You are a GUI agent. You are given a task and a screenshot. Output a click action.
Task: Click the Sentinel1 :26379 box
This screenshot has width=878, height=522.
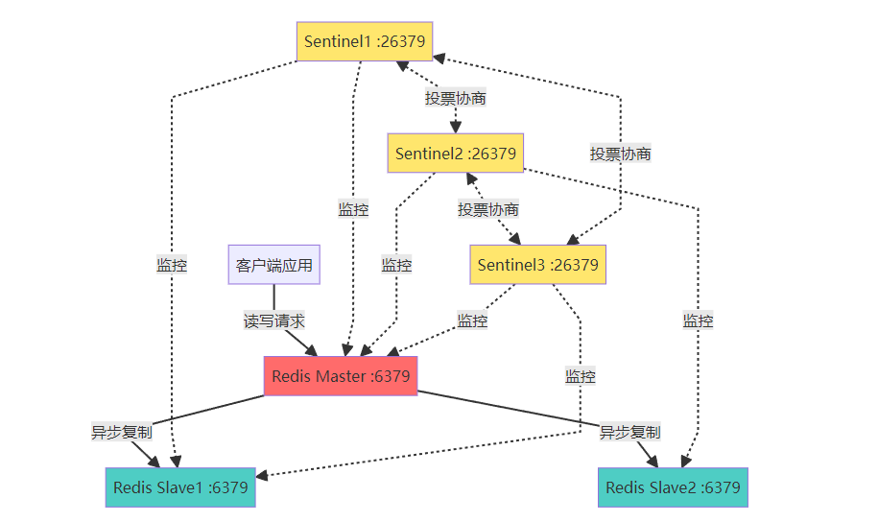click(x=364, y=41)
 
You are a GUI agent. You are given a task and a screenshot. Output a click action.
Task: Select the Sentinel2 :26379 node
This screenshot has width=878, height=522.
click(x=456, y=154)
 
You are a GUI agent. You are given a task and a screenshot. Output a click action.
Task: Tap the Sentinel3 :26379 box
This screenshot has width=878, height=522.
click(x=537, y=265)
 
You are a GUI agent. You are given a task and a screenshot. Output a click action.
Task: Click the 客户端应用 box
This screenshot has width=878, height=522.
click(x=273, y=265)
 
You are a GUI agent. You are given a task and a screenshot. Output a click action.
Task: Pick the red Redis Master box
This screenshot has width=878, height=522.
click(x=341, y=376)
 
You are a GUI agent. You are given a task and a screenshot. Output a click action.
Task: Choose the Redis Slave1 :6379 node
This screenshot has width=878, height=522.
click(x=180, y=487)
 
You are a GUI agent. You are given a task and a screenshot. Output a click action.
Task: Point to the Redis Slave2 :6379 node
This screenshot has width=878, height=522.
click(x=673, y=487)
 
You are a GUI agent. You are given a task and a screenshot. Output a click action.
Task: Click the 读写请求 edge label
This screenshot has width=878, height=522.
click(x=274, y=320)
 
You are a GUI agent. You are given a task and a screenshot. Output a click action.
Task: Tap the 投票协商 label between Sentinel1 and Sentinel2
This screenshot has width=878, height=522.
click(x=456, y=98)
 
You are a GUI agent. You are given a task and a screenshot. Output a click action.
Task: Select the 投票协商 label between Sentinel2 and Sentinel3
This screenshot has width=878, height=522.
click(x=488, y=209)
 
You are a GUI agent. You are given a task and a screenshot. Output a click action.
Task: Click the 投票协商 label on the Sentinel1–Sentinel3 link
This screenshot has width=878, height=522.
click(x=621, y=154)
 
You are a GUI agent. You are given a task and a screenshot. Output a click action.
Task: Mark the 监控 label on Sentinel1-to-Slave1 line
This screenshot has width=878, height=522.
click(x=172, y=265)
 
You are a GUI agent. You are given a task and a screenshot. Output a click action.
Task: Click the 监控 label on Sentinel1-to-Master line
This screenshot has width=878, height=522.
click(x=353, y=209)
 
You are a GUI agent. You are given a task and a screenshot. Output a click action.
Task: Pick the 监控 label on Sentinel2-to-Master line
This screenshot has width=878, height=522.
click(x=396, y=265)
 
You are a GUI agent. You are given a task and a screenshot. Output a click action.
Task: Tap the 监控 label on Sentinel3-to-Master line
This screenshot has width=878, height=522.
click(x=472, y=320)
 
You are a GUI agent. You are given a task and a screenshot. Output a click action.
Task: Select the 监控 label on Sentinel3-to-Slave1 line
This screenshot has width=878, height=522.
click(x=580, y=376)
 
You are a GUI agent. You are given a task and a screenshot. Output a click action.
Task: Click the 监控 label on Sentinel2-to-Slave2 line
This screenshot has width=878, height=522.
click(x=698, y=320)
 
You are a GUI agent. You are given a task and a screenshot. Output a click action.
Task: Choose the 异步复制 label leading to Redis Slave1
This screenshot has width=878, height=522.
click(x=121, y=432)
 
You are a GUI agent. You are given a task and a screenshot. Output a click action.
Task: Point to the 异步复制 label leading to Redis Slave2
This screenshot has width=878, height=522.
click(x=630, y=432)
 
